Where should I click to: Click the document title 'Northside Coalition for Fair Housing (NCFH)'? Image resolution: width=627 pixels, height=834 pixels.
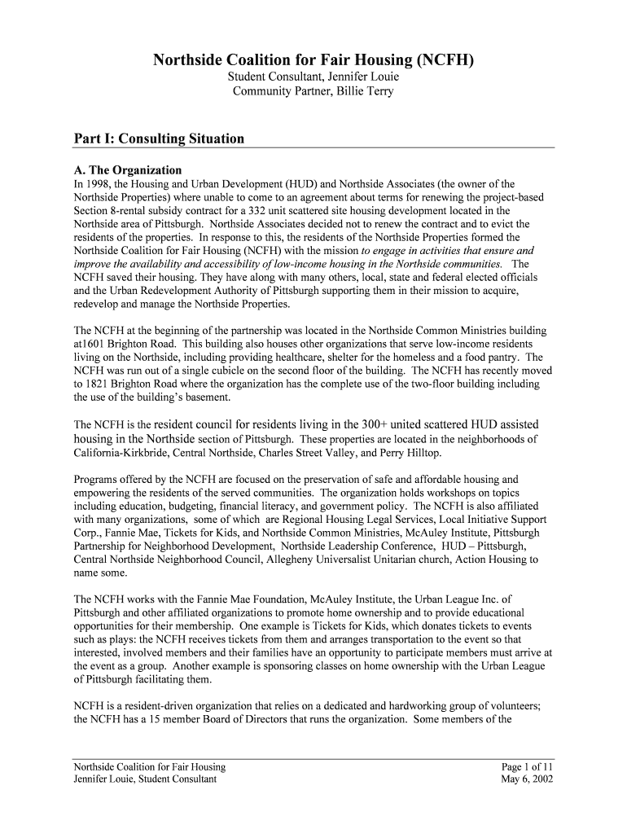pos(313,60)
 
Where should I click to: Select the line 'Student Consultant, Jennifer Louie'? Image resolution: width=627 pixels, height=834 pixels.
pos(313,77)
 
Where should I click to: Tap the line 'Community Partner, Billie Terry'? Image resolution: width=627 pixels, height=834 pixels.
pos(313,91)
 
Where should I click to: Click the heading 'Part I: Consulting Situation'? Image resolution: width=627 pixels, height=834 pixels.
pos(159,138)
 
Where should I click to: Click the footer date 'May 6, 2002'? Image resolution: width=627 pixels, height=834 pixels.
pos(527,779)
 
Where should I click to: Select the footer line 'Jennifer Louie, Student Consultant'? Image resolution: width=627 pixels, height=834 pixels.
pos(145,779)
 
